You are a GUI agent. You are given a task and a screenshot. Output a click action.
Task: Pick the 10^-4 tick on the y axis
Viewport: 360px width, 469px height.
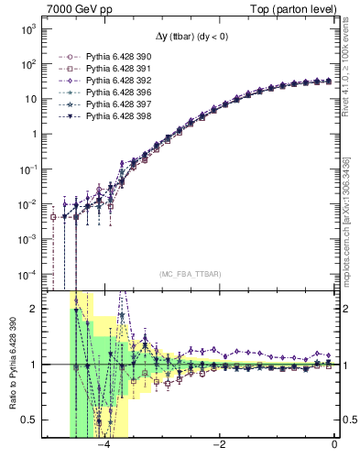pos(27,273)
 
